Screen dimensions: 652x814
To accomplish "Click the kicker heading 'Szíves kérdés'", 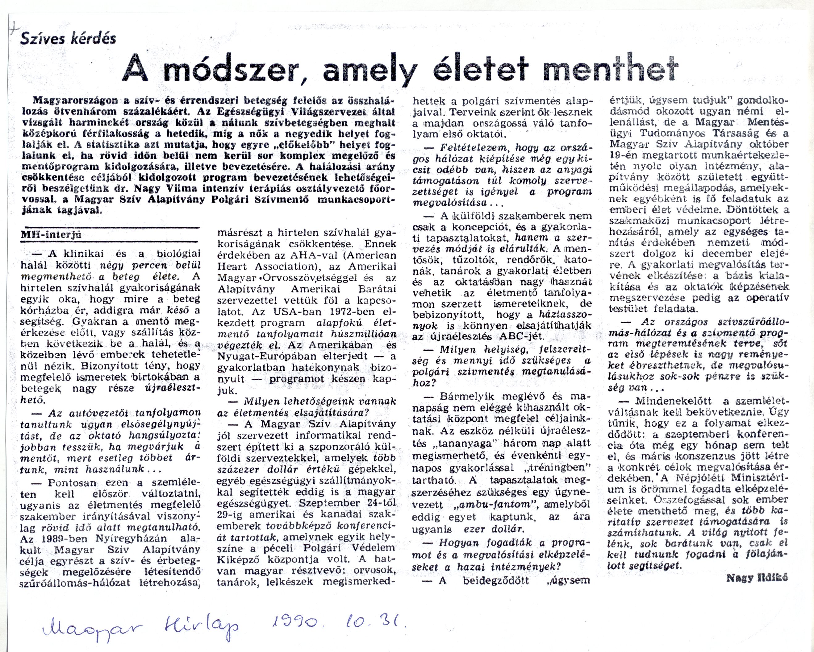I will pos(68,38).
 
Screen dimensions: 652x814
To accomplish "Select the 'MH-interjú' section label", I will pos(51,235).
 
